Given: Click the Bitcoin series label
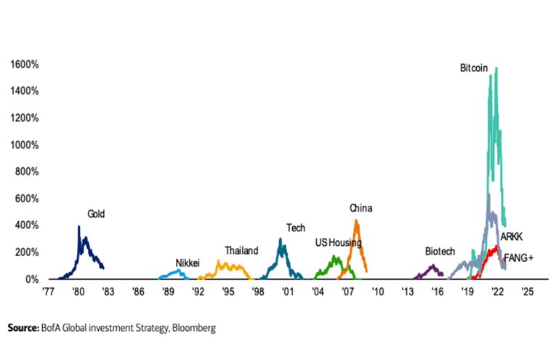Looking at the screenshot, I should (474, 68).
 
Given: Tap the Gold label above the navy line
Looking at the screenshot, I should (97, 214).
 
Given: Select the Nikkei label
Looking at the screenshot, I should (188, 263).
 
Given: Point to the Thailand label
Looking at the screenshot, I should (241, 251).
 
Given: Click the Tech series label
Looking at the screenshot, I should (295, 228).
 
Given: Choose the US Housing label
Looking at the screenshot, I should (338, 242).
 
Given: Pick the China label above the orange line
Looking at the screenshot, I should (360, 209).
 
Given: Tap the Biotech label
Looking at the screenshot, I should (440, 252).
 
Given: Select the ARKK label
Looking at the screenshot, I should (512, 237).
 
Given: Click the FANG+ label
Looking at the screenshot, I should (519, 258).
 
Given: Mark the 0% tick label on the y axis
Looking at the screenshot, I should (31, 279).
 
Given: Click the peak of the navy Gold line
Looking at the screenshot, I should (78, 227).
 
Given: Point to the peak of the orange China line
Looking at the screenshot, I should (355, 220).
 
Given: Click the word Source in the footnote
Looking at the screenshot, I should (23, 328).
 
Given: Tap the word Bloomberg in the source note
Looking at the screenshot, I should (191, 328).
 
